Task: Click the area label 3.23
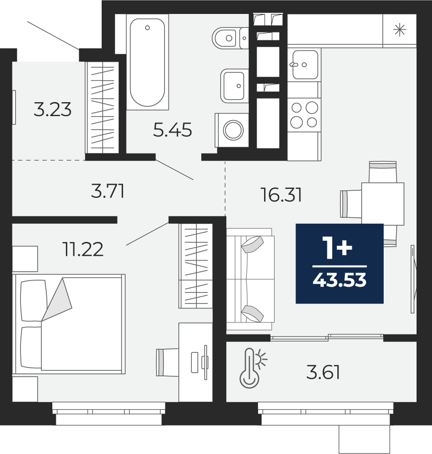(x=52, y=110)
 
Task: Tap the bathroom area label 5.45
(x=172, y=130)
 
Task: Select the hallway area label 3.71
(x=108, y=191)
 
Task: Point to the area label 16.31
(x=281, y=194)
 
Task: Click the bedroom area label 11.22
(x=83, y=249)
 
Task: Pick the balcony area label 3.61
(x=323, y=372)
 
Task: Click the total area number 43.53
(x=340, y=280)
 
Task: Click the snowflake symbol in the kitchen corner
(x=400, y=30)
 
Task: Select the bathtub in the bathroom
(x=147, y=62)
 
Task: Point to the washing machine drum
(x=233, y=130)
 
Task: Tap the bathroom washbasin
(x=234, y=86)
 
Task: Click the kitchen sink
(x=305, y=65)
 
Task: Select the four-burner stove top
(x=304, y=115)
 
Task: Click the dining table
(x=383, y=203)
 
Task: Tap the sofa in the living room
(x=251, y=279)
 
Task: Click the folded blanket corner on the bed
(x=58, y=298)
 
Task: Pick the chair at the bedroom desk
(x=167, y=362)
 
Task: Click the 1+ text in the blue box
(x=338, y=248)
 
